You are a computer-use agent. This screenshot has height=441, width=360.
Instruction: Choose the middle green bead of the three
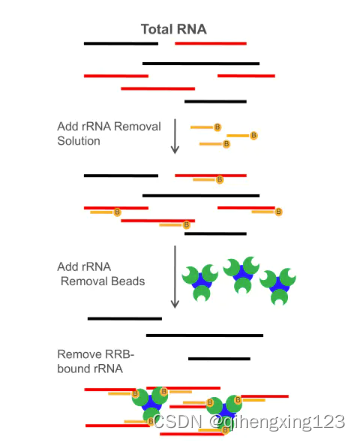(242, 273)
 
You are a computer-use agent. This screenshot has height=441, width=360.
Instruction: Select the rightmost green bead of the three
(280, 285)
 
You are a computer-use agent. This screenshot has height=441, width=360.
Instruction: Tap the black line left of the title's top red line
(120, 43)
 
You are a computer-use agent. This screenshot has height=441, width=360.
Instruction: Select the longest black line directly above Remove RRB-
(205, 335)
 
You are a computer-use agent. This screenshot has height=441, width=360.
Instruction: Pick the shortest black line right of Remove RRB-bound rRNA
(219, 357)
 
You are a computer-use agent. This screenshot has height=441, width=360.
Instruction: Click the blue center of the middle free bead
(242, 273)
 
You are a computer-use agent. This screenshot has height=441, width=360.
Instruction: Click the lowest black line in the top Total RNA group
(215, 101)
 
